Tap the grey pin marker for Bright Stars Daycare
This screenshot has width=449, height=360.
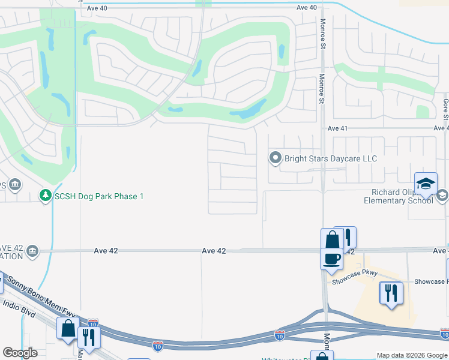[276, 158]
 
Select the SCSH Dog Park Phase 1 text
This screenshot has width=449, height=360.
[99, 196]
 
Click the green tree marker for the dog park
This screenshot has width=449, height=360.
[45, 196]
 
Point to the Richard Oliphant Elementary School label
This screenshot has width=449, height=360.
[398, 196]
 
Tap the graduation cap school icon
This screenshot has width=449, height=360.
[425, 184]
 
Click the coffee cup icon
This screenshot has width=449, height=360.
[331, 259]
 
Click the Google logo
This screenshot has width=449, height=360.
[20, 353]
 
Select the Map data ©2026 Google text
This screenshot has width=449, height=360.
[411, 355]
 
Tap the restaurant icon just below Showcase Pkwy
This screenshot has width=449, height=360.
[391, 293]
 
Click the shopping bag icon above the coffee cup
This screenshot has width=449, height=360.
[332, 239]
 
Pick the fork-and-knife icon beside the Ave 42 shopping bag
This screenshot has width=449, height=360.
[347, 237]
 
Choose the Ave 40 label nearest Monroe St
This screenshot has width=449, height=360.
[306, 7]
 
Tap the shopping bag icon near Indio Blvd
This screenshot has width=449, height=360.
[68, 329]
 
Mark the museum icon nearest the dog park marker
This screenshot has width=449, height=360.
[16, 184]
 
